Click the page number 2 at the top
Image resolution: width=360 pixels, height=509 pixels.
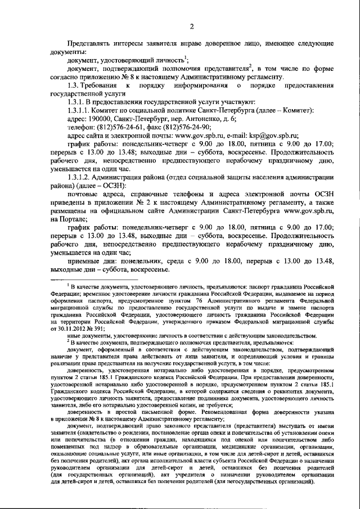tap(191, 26)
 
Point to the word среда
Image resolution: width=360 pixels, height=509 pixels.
tap(195, 261)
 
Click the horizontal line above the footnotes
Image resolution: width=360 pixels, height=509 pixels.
tap(94, 280)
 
